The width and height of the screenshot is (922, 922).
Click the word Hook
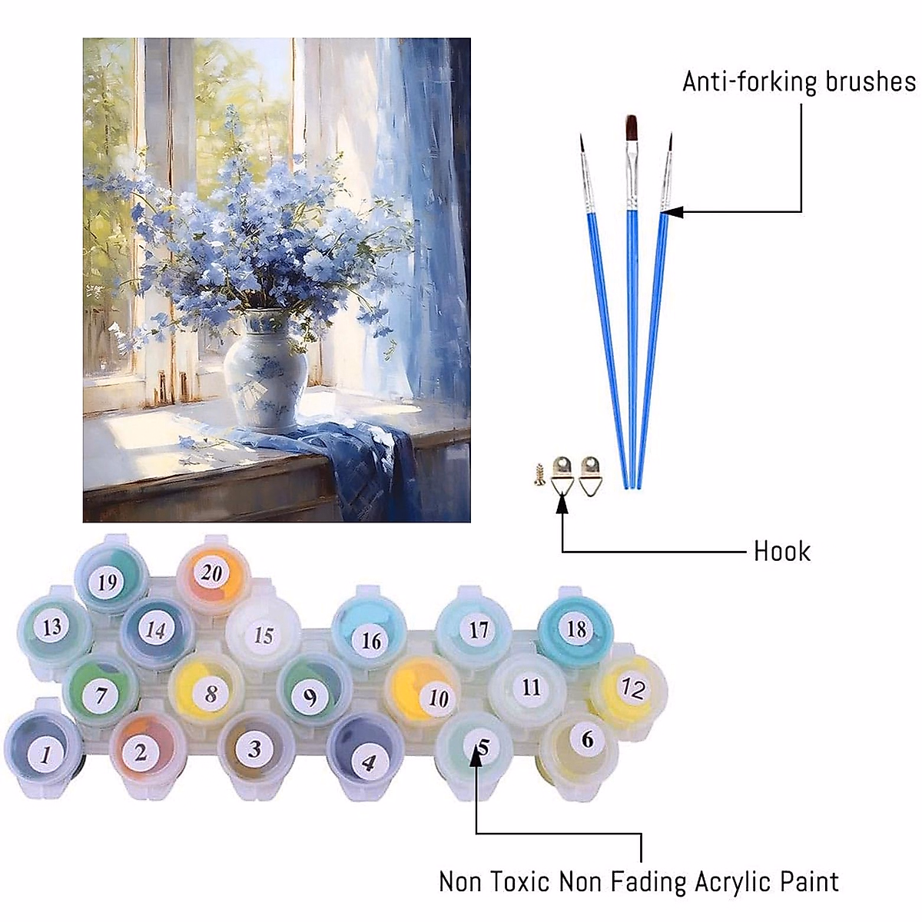click(x=781, y=551)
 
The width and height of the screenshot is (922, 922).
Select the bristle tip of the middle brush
click(x=631, y=127)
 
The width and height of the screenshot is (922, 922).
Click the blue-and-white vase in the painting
click(x=265, y=369)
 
